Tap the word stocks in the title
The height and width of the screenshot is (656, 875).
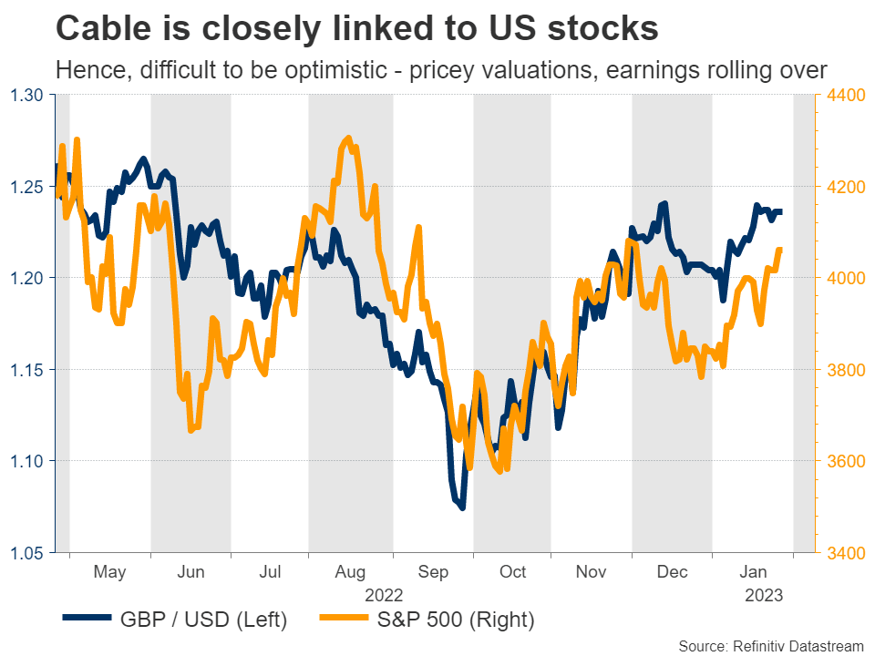pos(602,28)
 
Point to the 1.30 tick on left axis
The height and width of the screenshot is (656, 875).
pos(30,95)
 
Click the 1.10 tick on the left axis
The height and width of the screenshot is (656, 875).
pos(30,461)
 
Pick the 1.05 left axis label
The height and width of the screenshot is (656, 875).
pos(30,553)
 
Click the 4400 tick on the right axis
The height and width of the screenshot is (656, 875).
pos(844,95)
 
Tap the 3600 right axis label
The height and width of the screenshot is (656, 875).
pos(844,461)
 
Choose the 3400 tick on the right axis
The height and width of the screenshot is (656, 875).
pos(844,553)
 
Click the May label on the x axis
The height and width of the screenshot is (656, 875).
pos(110,572)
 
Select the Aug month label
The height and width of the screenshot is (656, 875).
pos(351,572)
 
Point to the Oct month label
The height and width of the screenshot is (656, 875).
pos(512,572)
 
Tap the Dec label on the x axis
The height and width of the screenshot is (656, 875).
pos(673,572)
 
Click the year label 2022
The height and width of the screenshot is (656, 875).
pos(384,595)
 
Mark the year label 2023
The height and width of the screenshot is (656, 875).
pos(764,595)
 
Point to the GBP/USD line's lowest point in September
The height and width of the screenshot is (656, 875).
pos(462,507)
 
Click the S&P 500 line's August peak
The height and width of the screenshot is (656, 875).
pos(348,138)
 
